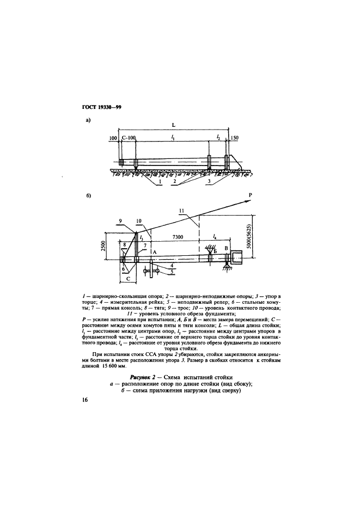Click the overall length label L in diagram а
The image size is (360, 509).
tap(173, 125)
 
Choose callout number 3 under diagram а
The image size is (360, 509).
tap(209, 182)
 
